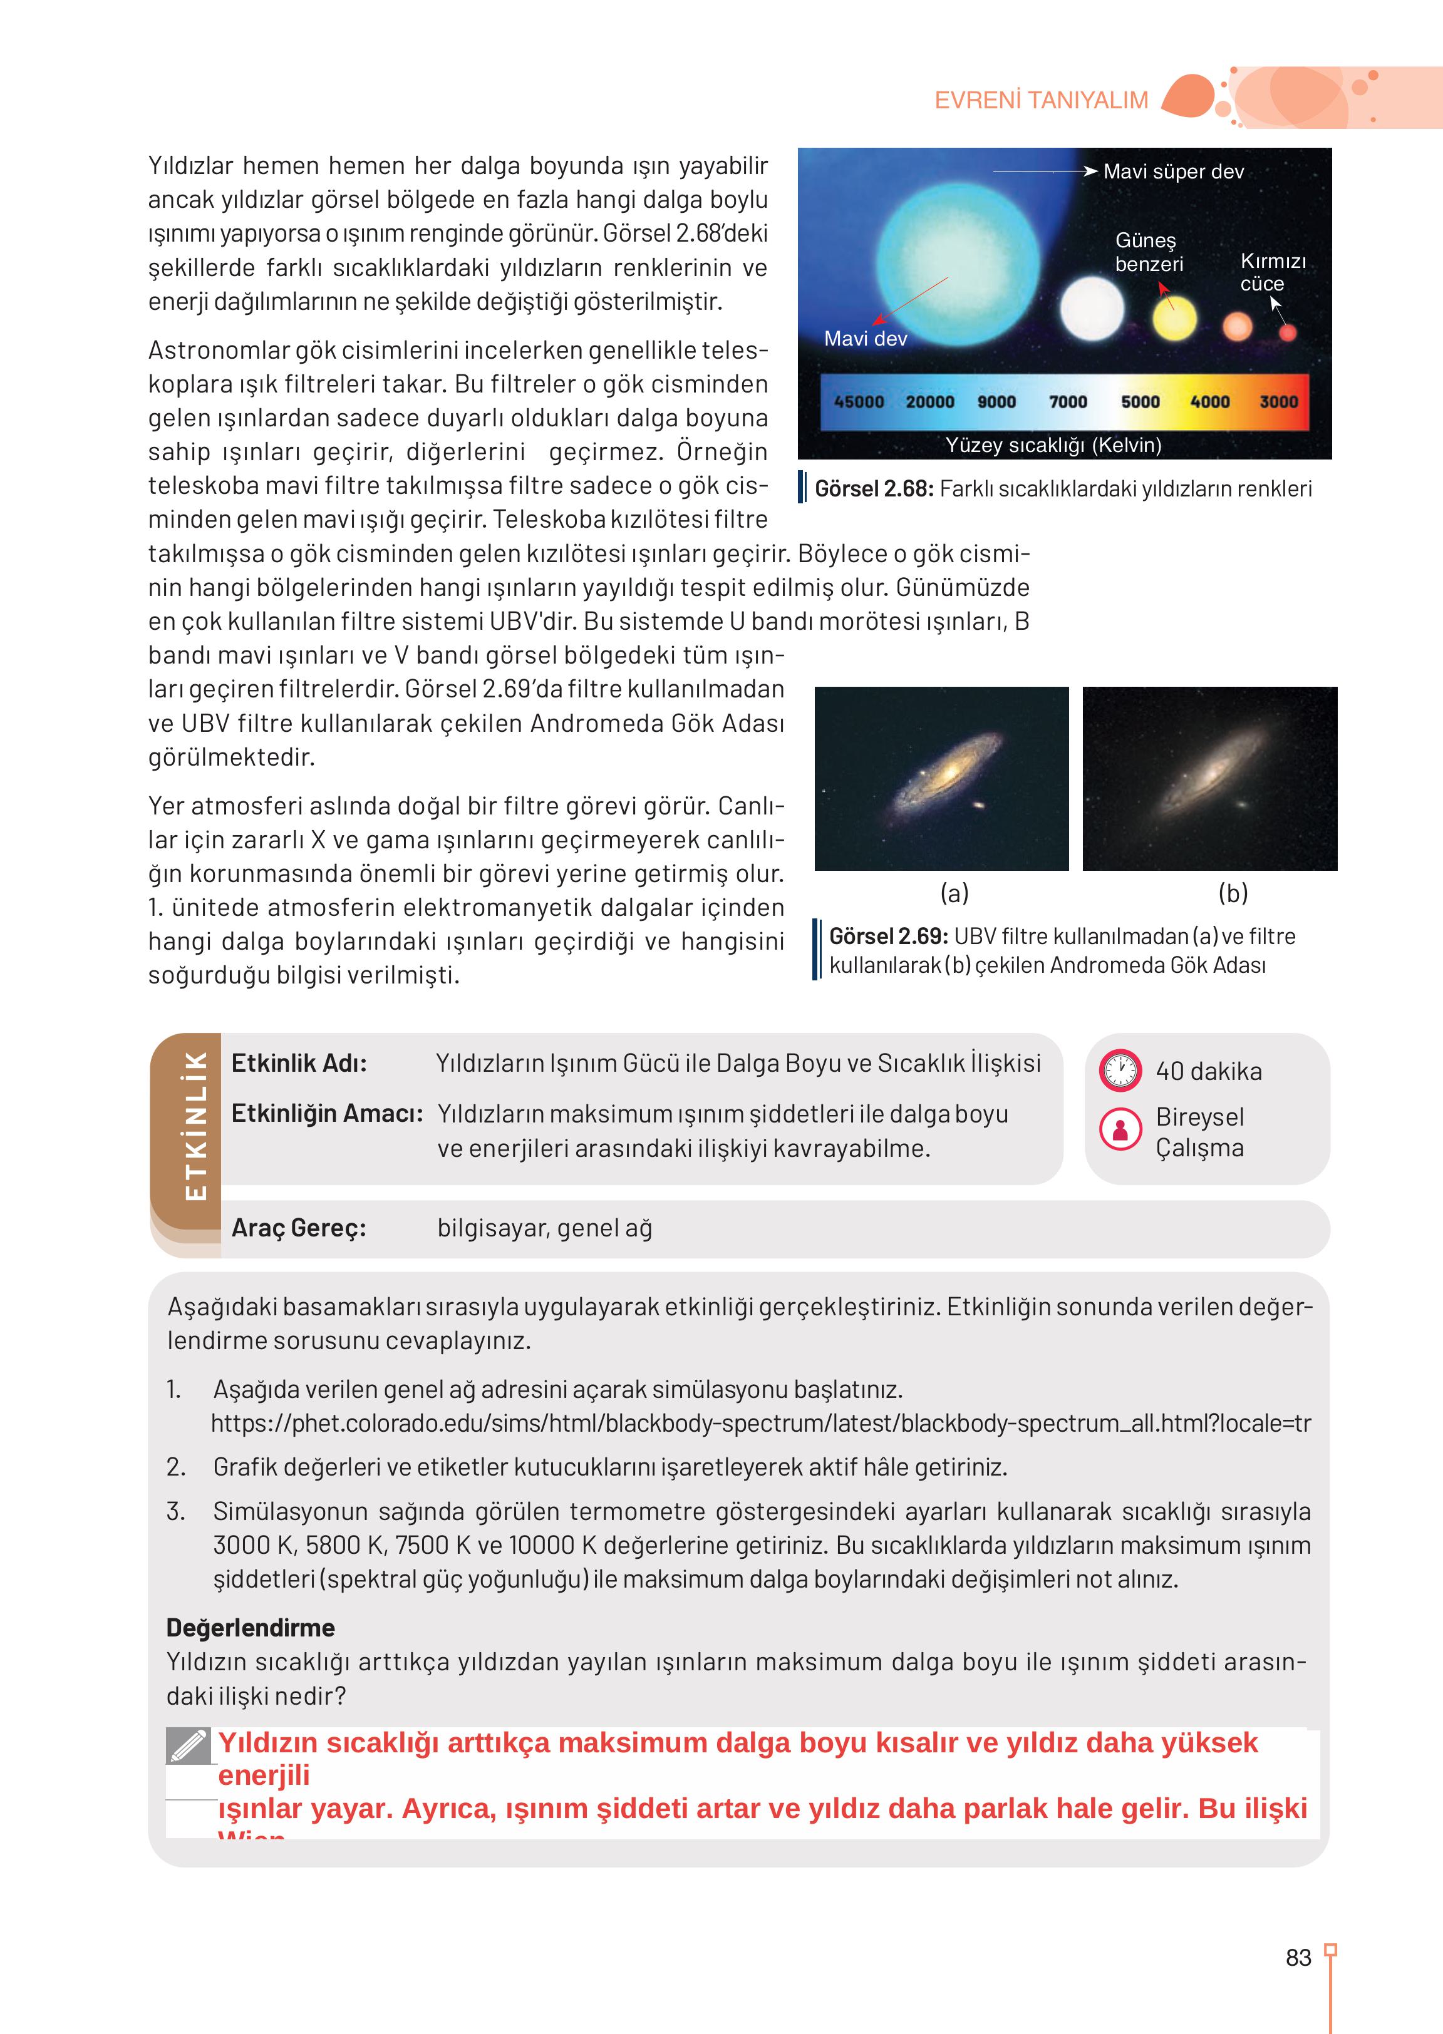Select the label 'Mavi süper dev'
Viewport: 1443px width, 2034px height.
pyautogui.click(x=1173, y=172)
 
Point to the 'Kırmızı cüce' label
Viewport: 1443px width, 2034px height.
pyautogui.click(x=1273, y=272)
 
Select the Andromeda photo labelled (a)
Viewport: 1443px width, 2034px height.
pyautogui.click(x=941, y=778)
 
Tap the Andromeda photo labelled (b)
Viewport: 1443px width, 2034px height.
pyautogui.click(x=1209, y=778)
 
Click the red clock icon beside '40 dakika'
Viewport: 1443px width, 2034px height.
pyautogui.click(x=1120, y=1071)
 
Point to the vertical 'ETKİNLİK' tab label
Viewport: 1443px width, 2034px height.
pyautogui.click(x=195, y=1126)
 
